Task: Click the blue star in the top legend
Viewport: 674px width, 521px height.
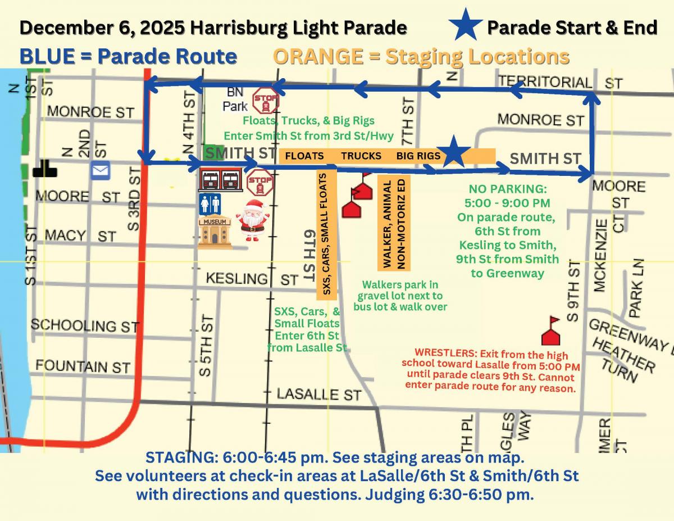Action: click(x=466, y=26)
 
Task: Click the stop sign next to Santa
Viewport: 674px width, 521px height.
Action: click(x=260, y=182)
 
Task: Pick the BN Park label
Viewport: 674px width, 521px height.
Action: click(x=235, y=98)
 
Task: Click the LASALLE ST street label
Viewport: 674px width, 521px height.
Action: click(x=318, y=394)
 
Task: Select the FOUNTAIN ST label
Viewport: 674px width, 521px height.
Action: click(x=83, y=366)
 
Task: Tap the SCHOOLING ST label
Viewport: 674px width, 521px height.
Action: click(x=84, y=325)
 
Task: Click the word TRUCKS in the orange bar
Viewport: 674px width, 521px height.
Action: click(x=361, y=156)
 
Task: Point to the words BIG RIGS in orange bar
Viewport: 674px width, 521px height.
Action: click(x=418, y=156)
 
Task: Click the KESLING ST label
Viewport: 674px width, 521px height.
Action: click(x=252, y=279)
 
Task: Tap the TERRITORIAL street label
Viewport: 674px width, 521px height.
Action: click(x=545, y=81)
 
